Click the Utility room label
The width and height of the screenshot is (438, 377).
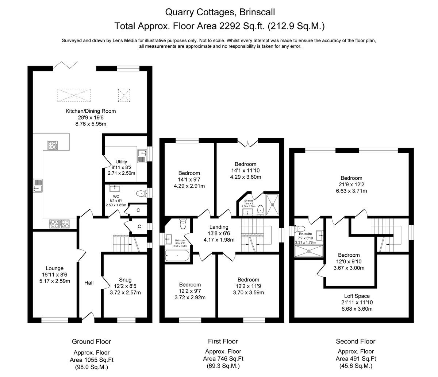pyautogui.click(x=121, y=162)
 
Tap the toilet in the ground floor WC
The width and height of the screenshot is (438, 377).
pyautogui.click(x=140, y=193)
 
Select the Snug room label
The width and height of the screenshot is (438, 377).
pyautogui.click(x=125, y=280)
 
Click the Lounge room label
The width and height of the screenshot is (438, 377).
pyautogui.click(x=54, y=269)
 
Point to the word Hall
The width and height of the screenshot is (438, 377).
pyautogui.click(x=89, y=283)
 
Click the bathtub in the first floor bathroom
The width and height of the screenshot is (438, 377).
pyautogui.click(x=177, y=256)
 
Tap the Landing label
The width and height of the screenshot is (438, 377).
pyautogui.click(x=219, y=227)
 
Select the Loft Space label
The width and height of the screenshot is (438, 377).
pyautogui.click(x=357, y=296)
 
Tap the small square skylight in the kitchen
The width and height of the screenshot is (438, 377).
pyautogui.click(x=124, y=95)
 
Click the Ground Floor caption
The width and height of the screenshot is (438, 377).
pyautogui.click(x=91, y=342)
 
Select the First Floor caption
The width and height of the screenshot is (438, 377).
pyautogui.click(x=223, y=341)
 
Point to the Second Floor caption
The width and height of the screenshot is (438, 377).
pyautogui.click(x=355, y=342)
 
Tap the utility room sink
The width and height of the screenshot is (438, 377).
pyautogui.click(x=142, y=156)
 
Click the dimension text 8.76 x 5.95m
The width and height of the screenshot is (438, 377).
pyautogui.click(x=91, y=124)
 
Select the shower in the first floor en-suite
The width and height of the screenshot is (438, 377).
pyautogui.click(x=272, y=205)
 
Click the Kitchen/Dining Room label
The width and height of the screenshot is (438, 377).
pyautogui.click(x=91, y=111)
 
